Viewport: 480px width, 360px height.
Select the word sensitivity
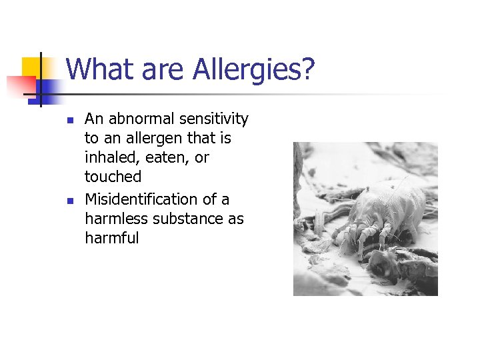pyautogui.click(x=216, y=119)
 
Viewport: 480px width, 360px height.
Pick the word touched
pyautogui.click(x=113, y=177)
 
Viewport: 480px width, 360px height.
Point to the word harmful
pyautogui.click(x=111, y=238)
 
